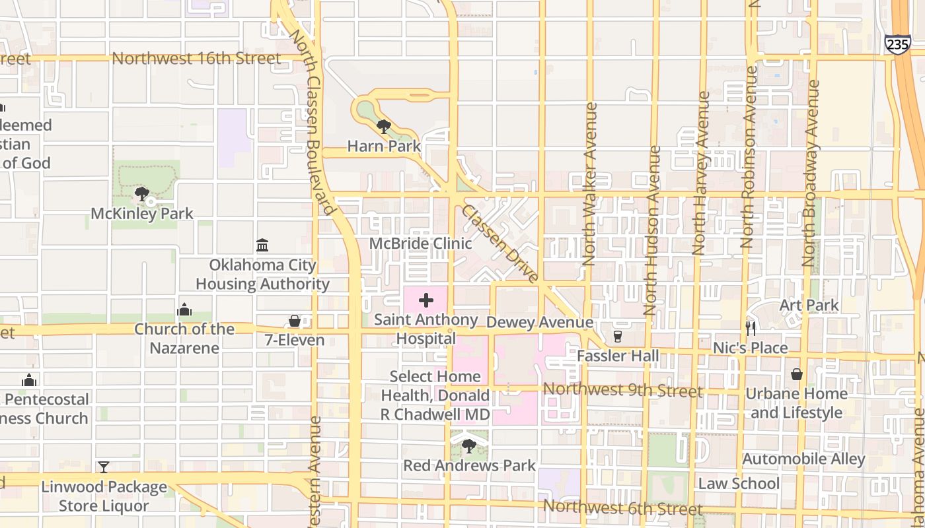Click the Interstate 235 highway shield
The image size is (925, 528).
click(897, 44)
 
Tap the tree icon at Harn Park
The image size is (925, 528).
click(383, 126)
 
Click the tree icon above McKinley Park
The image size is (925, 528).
click(141, 194)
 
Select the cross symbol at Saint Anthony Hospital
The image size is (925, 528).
click(426, 301)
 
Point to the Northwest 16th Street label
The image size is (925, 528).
click(196, 58)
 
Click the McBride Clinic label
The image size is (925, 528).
click(420, 244)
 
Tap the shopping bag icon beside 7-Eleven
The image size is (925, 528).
click(295, 321)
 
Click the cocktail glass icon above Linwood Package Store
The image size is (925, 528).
click(104, 467)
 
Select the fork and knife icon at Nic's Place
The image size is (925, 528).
click(751, 328)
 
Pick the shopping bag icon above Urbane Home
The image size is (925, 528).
click(797, 374)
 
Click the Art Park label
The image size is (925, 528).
click(809, 305)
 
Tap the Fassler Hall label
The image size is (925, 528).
click(618, 356)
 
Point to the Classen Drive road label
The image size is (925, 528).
click(500, 244)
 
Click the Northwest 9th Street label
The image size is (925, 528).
click(622, 390)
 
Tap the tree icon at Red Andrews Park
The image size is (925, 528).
click(468, 446)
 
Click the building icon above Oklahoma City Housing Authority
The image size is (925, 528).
click(262, 246)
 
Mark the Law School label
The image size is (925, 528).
click(739, 483)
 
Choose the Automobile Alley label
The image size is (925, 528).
click(803, 459)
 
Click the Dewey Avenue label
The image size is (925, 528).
click(539, 322)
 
